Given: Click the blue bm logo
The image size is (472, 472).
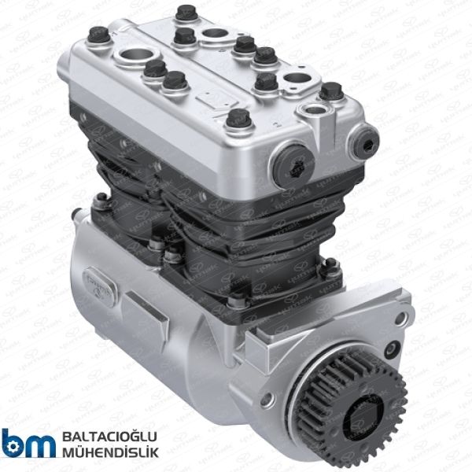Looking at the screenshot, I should pos(28,444).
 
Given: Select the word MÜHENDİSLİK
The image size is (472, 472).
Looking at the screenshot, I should pos(109,452).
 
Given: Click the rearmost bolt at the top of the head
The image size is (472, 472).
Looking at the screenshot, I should pos(186,13).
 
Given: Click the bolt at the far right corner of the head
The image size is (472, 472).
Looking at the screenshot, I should pos(331,90).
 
